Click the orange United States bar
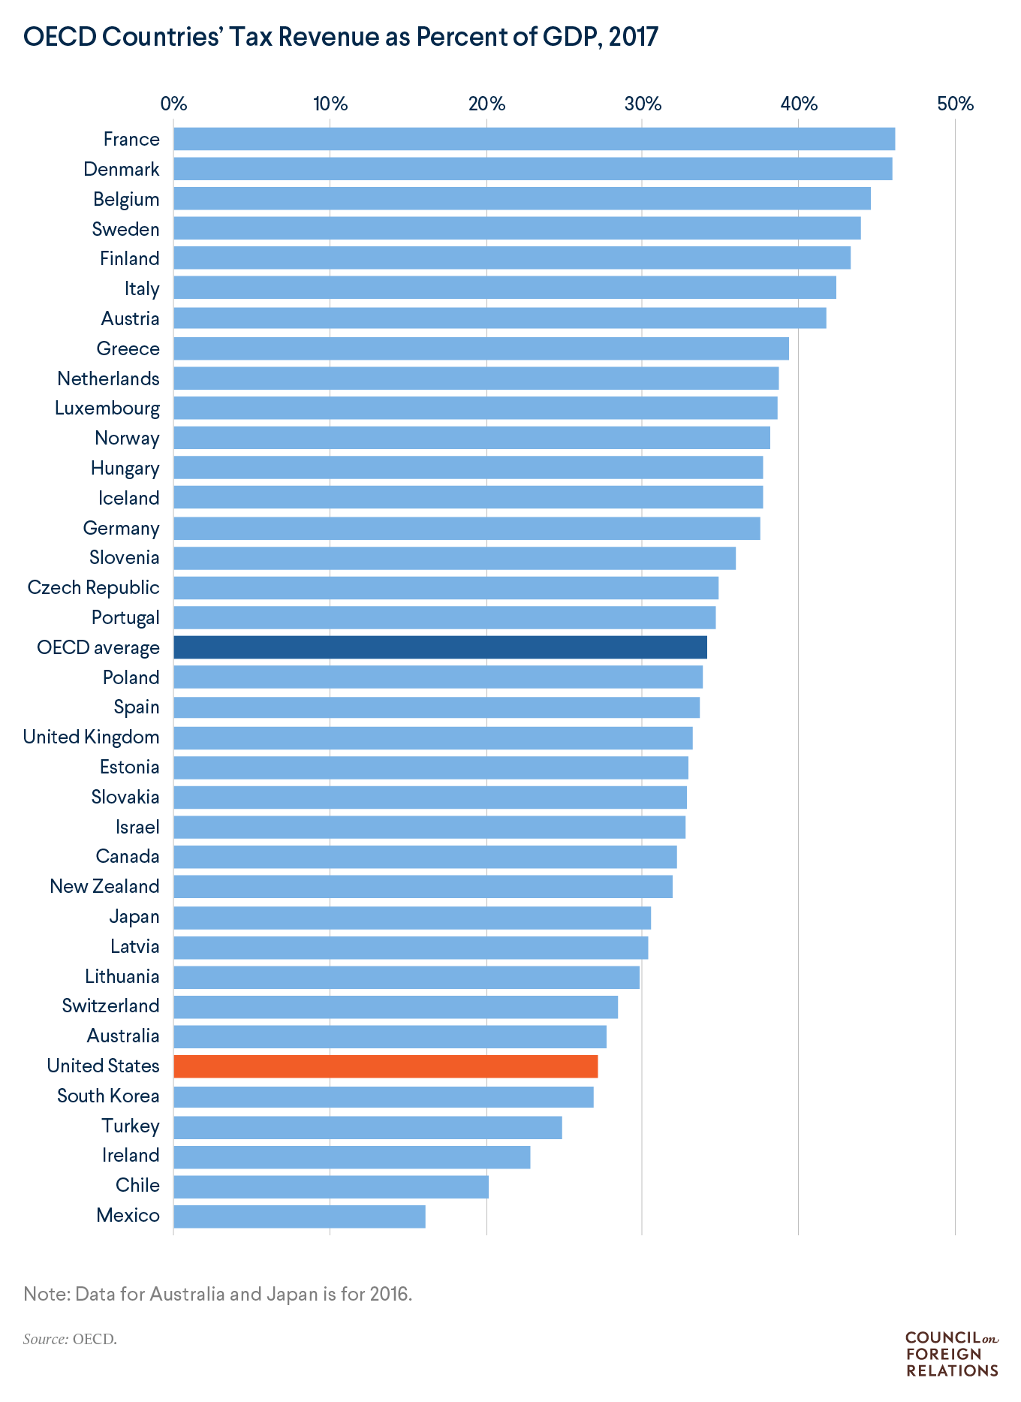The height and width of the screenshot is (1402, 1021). (385, 1066)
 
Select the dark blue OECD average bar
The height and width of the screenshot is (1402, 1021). (440, 647)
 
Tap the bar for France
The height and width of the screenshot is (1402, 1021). (534, 139)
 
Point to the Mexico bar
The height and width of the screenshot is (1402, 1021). (300, 1216)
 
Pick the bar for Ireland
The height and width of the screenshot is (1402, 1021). (351, 1156)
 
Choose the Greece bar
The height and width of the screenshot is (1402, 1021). (480, 348)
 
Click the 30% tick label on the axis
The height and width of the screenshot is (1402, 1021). (643, 104)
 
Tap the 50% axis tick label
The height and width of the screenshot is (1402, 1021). (955, 104)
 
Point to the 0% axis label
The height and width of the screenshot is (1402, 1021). (173, 104)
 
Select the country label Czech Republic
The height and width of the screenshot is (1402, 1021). (93, 587)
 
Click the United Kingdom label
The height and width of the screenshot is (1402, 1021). (91, 737)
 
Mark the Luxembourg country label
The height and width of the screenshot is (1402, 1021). (107, 409)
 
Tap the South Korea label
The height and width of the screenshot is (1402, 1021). (108, 1096)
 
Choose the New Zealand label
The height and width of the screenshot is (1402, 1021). (104, 886)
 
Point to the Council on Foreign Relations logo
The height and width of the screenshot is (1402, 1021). (952, 1354)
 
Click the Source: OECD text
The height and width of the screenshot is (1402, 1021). (70, 1339)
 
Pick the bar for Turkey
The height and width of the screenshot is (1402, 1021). (367, 1126)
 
